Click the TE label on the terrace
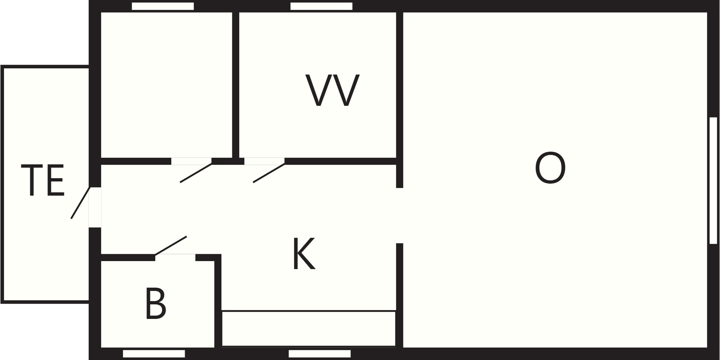[43, 180]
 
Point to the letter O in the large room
[550, 168]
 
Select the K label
[304, 254]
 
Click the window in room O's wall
[713, 180]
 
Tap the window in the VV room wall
[321, 6]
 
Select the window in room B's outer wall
[154, 354]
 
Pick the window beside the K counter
[320, 354]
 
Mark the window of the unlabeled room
[163, 6]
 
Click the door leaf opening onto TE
[80, 203]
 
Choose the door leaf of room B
[171, 246]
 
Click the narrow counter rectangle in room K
[309, 328]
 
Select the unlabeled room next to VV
[166, 85]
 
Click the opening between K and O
[400, 216]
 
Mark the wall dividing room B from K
[218, 301]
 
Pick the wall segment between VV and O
[400, 100]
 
